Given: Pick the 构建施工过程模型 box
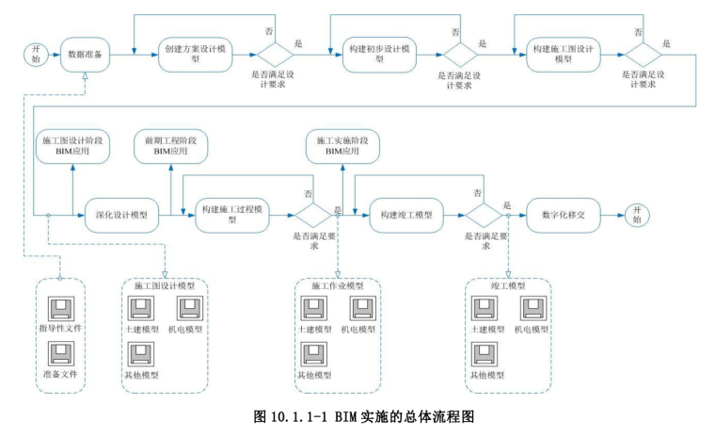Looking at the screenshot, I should (x=232, y=215).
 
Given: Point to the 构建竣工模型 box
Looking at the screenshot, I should (x=406, y=215).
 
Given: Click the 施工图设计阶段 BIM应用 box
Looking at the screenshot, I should (x=71, y=145).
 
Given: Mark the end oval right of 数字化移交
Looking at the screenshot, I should (x=629, y=215).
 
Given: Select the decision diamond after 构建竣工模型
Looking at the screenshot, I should (x=485, y=215).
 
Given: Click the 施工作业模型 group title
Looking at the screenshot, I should (x=336, y=284).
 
